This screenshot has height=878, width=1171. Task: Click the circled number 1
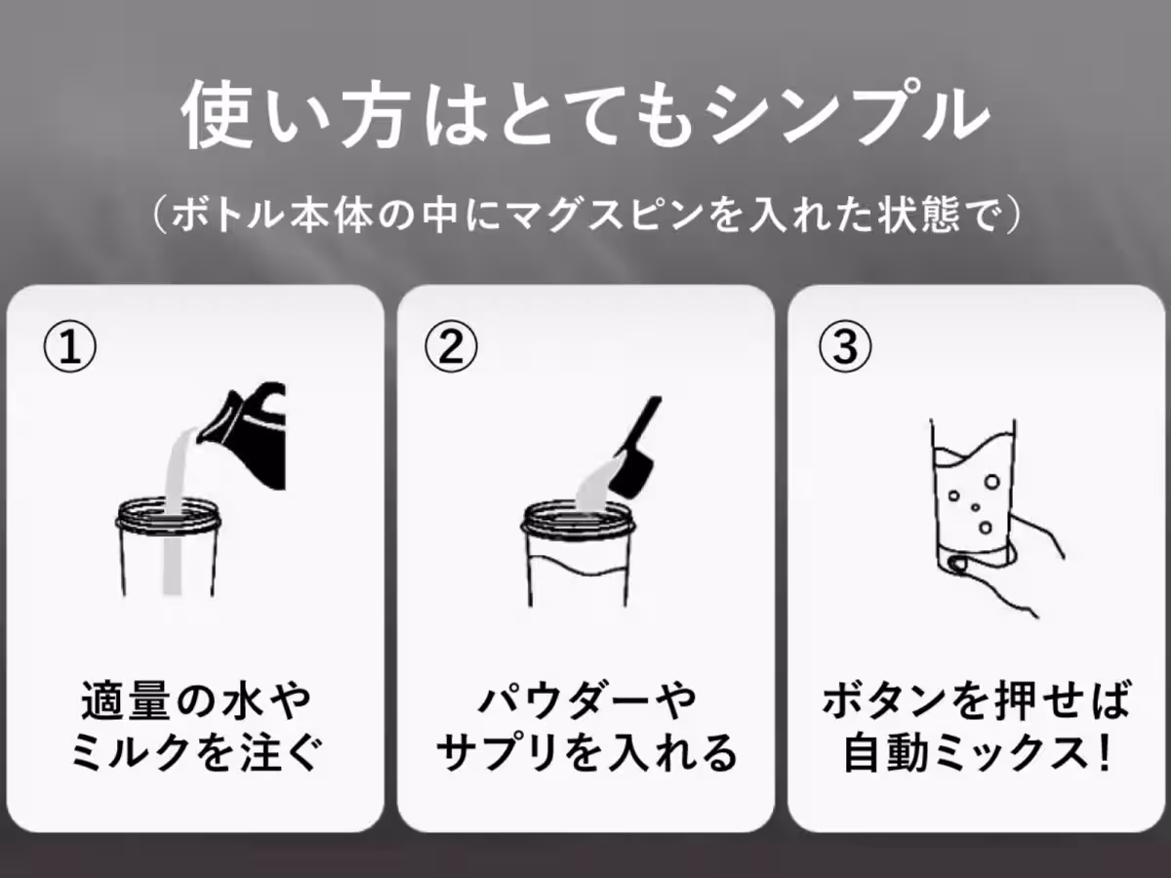click(70, 347)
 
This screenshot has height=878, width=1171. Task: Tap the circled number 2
click(451, 347)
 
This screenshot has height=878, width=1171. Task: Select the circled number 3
click(845, 347)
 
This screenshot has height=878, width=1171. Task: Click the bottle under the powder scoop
click(578, 554)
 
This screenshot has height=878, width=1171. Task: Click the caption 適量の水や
click(196, 699)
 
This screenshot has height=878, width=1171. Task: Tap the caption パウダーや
click(586, 699)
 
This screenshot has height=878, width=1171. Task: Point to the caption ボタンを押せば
click(976, 699)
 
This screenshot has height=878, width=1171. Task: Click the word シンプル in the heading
click(848, 114)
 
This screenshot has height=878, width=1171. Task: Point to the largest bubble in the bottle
click(991, 482)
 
